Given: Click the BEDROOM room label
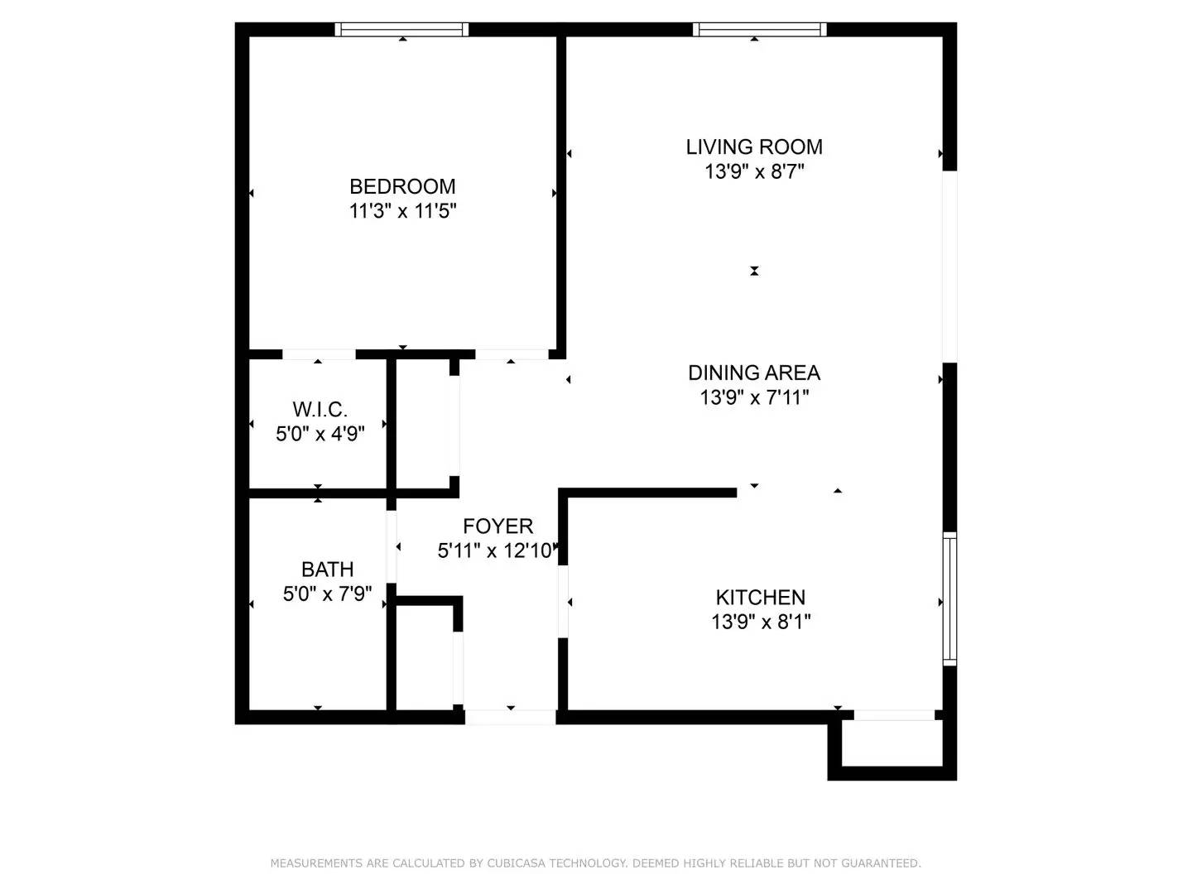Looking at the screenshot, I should click(x=402, y=186).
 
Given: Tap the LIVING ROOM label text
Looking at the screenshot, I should click(x=754, y=147).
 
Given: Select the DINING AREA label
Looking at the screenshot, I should click(x=754, y=372).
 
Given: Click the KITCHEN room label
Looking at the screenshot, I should click(x=760, y=597).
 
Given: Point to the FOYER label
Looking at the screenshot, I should click(x=497, y=526).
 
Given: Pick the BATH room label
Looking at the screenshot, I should click(x=327, y=570).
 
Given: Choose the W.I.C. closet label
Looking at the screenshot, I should click(x=320, y=410).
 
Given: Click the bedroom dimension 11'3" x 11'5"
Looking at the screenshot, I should click(x=402, y=211).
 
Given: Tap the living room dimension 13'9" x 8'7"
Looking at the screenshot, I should click(x=754, y=171).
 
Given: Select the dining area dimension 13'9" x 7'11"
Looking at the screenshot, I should click(x=754, y=397).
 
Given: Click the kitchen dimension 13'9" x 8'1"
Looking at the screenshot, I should click(x=760, y=622).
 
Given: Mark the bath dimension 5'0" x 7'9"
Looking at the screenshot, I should click(x=327, y=594).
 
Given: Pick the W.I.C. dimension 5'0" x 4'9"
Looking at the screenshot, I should click(x=320, y=434).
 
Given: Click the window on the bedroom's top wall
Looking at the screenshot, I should click(x=401, y=30).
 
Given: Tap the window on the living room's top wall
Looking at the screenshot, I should click(x=760, y=30).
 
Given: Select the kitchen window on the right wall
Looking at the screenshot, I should click(x=949, y=598).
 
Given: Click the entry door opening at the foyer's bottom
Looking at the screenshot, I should click(x=510, y=717).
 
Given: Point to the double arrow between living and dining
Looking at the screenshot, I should click(x=754, y=271).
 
